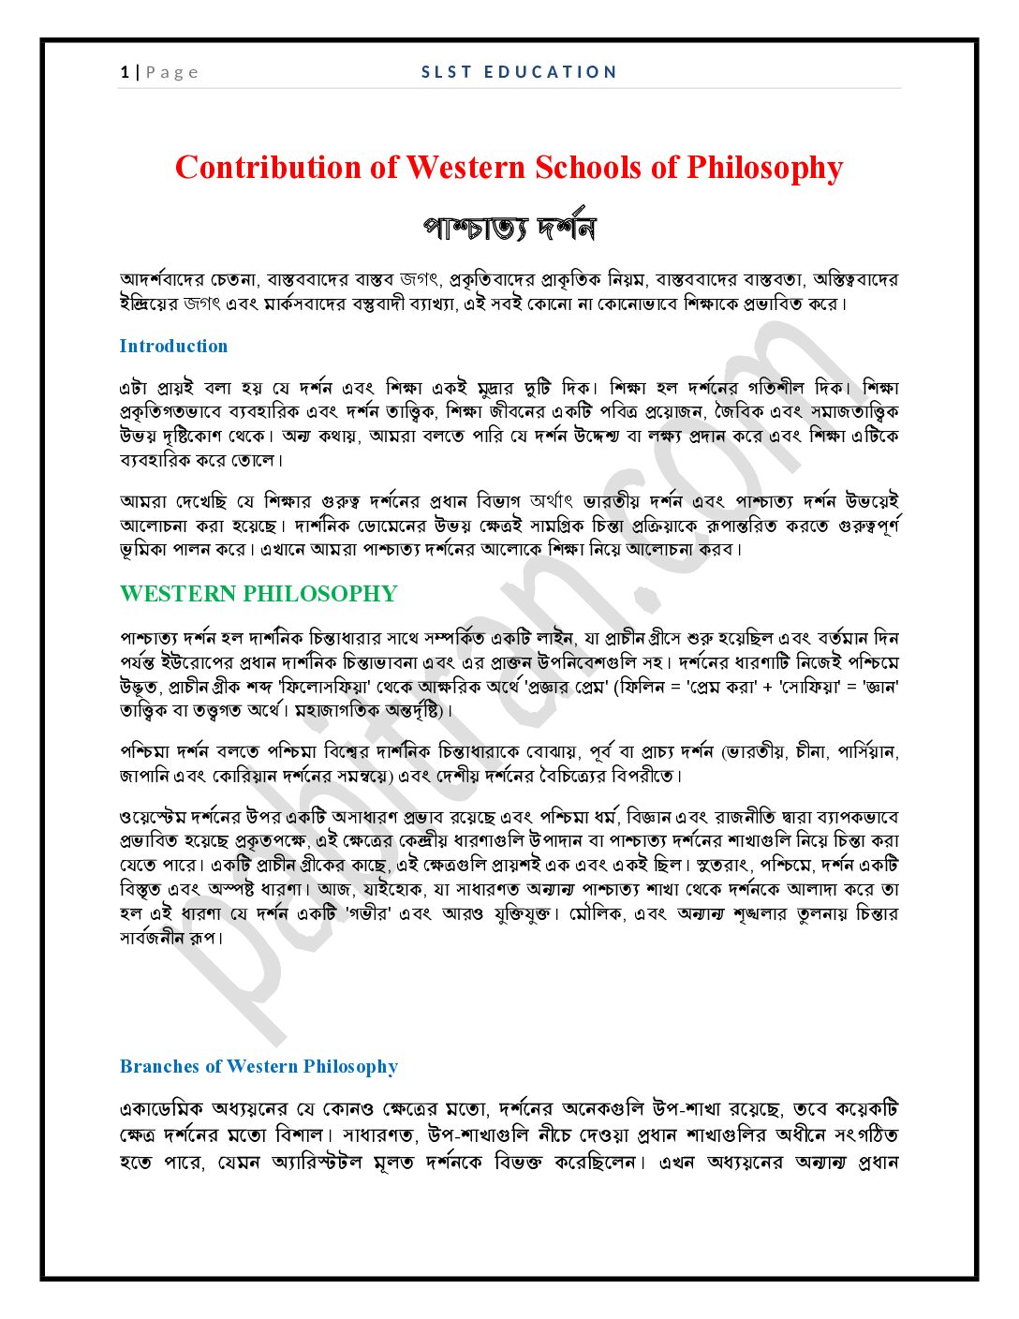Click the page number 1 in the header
(x=124, y=72)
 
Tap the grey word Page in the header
(x=172, y=73)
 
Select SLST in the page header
(x=447, y=72)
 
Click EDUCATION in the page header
(x=551, y=72)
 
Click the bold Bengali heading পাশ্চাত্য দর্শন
(x=509, y=227)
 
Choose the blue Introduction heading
(x=173, y=346)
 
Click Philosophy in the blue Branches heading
(x=350, y=1066)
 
